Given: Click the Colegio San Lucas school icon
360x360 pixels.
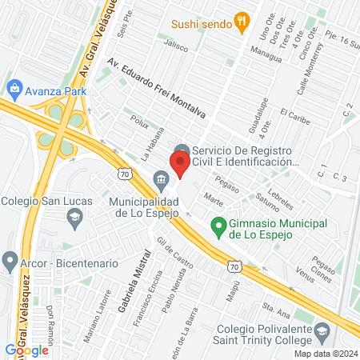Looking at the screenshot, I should tap(74, 216).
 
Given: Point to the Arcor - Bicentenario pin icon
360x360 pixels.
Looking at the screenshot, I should tap(10, 262).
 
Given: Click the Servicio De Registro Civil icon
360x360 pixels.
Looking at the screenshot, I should tap(182, 151).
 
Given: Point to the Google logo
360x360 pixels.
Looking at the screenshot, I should tap(26, 350).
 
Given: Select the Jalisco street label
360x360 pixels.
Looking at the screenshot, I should tap(176, 47).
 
